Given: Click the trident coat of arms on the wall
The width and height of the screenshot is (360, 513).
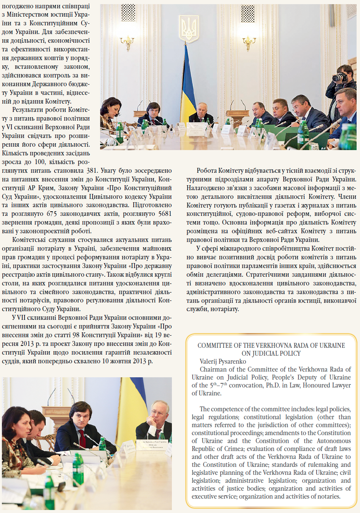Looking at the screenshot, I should click(188, 29).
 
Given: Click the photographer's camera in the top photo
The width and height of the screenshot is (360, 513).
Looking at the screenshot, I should click(339, 77).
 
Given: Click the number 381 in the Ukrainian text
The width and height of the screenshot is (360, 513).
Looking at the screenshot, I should click(92, 170).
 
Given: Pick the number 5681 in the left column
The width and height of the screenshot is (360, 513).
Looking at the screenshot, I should click(165, 214).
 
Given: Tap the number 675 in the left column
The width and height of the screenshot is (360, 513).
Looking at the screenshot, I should click(51, 214).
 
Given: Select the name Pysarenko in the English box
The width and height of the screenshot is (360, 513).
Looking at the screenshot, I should click(231, 361).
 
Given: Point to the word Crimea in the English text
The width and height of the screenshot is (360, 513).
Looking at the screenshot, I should click(233, 449).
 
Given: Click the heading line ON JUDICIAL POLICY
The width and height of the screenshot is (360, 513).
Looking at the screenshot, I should click(271, 353).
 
